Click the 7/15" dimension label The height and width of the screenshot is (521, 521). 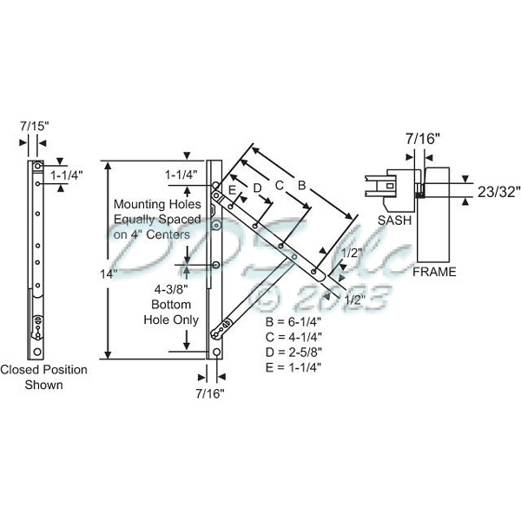35,125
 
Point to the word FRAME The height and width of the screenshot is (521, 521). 434,272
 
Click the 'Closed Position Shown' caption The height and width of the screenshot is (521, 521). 43,377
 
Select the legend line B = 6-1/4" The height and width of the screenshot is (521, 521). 298,322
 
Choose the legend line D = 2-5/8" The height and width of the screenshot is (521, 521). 298,352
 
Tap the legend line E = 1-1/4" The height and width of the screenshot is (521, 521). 298,366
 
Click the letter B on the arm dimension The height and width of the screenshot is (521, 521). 301,184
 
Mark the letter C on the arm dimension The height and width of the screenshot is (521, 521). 279,185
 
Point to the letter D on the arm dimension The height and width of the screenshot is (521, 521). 257,187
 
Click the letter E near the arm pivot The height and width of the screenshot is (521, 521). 232,188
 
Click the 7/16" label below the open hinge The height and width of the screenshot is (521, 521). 210,393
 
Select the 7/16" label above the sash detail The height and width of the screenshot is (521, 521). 423,137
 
